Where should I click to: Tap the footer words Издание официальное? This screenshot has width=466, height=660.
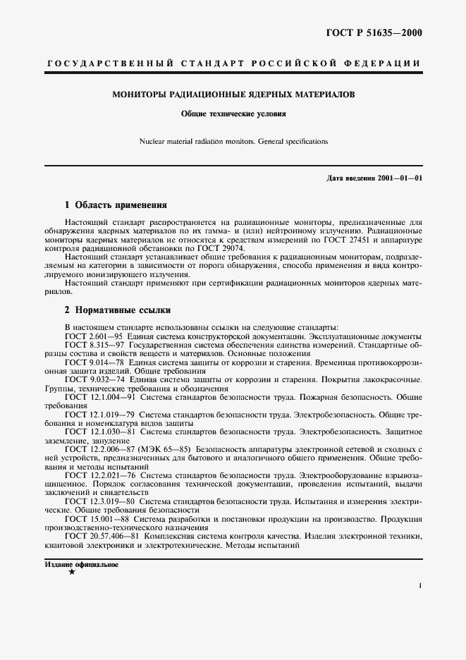81,565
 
